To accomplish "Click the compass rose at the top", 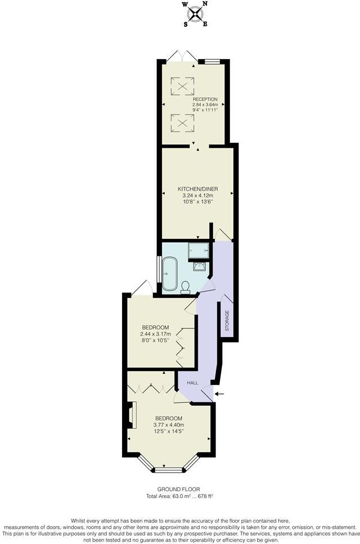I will tap(195, 13).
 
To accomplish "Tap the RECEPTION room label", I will tap(205, 99).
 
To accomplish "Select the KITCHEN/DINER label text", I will tap(197, 189).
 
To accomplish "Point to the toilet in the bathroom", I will tap(186, 287).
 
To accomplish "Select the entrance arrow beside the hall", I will tap(220, 393).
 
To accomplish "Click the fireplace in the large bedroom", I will tap(130, 419).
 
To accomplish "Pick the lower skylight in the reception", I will tap(183, 121).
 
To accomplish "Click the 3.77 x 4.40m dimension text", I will tap(169, 425).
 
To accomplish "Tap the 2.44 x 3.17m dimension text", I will tap(155, 334).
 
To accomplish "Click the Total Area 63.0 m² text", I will tap(179, 496).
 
